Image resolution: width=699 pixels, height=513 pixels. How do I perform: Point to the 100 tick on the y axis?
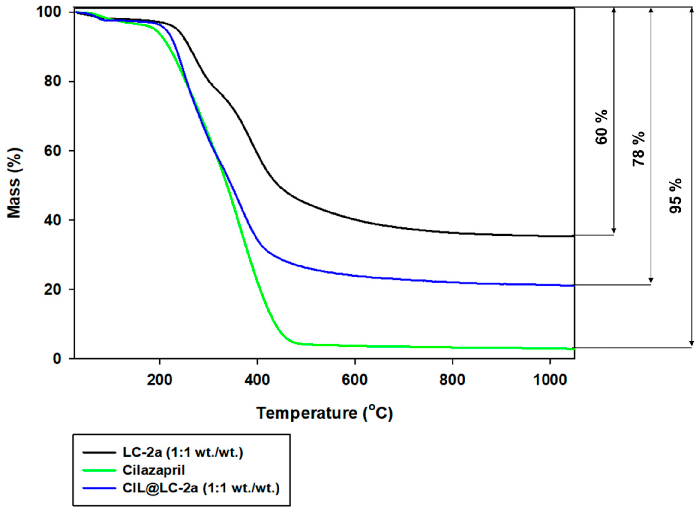48,12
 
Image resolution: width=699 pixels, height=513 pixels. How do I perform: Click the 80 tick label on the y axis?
52,81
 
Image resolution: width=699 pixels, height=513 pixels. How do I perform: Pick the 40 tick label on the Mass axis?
52,220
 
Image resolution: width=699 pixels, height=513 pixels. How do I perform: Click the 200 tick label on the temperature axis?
159,380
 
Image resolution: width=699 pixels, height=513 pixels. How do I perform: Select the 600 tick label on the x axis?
354,380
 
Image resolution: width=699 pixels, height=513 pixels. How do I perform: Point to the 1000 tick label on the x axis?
550,380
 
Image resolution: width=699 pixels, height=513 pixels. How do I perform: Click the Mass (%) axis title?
14,183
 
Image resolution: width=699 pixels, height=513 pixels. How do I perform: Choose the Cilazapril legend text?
154,470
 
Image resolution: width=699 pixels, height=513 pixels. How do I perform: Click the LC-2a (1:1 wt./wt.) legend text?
183,452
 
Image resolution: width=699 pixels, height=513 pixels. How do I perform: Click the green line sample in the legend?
99,470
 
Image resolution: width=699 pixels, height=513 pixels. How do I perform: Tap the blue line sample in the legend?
99,488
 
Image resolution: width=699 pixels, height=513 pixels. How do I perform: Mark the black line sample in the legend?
99,452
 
